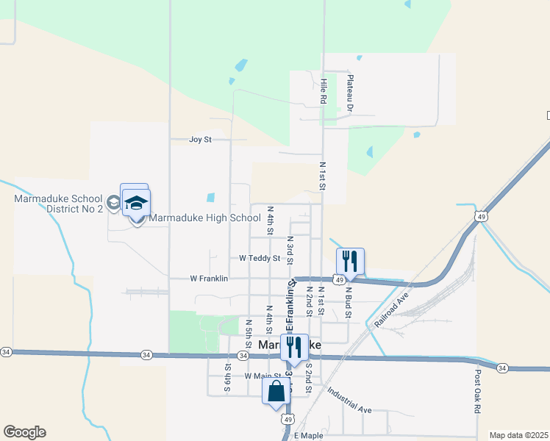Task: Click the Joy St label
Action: click(200, 139)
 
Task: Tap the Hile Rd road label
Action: click(323, 90)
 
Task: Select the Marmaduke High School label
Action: click(204, 218)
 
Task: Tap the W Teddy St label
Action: click(260, 258)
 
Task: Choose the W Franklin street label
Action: click(209, 279)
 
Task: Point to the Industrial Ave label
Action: click(350, 399)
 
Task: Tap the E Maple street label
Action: click(308, 436)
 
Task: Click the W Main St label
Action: click(262, 376)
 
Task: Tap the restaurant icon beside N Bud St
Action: click(350, 261)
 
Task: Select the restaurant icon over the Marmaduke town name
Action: click(294, 347)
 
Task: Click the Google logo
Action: click(24, 432)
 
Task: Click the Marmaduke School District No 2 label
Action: click(58, 204)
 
